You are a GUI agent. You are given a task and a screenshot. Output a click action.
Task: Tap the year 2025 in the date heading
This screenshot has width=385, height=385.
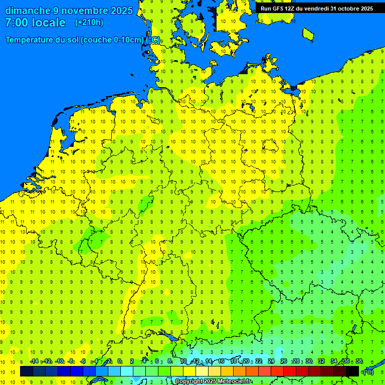click(x=121, y=11)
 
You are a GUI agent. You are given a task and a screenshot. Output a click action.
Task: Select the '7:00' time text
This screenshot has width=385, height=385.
click(x=15, y=23)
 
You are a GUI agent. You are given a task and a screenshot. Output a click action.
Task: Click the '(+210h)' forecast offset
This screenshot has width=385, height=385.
click(x=89, y=23)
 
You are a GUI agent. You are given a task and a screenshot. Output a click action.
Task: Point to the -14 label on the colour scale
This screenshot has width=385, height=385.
click(x=34, y=361)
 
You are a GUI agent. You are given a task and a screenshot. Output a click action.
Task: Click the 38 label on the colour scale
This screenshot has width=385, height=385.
click(x=359, y=361)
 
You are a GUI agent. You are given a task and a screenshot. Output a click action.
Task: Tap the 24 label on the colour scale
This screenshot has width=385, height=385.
click(x=271, y=361)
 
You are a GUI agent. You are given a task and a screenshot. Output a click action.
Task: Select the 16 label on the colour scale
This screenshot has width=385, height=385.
click(x=221, y=361)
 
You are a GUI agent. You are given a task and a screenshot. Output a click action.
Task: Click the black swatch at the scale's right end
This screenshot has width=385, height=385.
click(x=352, y=371)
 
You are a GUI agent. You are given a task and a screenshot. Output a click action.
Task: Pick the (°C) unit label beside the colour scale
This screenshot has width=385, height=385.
click(x=368, y=371)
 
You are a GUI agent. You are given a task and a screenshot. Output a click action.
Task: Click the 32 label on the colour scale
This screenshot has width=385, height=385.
click(x=321, y=361)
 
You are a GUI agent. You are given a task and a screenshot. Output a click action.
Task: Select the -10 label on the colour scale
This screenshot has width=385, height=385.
click(x=59, y=361)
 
